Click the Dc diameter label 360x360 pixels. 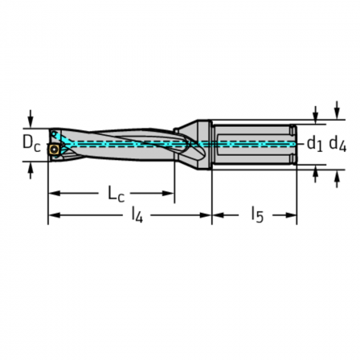pyautogui.click(x=31, y=143)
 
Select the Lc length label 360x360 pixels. pyautogui.click(x=116, y=194)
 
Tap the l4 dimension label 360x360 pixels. pyautogui.click(x=137, y=215)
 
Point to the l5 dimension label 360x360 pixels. pyautogui.click(x=257, y=215)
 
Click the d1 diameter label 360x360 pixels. pyautogui.click(x=315, y=143)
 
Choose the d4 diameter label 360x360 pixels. pyautogui.click(x=337, y=143)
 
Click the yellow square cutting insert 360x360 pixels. pyautogui.click(x=55, y=149)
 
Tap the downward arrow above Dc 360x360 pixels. pyautogui.click(x=31, y=119)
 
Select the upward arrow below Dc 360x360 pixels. pyautogui.click(x=31, y=170)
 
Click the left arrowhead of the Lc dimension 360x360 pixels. pyautogui.click(x=55, y=193)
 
